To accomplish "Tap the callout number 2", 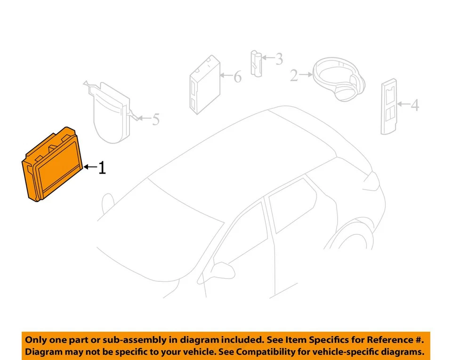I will tap(294, 75).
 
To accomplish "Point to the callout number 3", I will tap(279, 59).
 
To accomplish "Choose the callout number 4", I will tap(414, 105).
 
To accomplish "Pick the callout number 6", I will tap(237, 76).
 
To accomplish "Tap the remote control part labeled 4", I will tap(389, 107).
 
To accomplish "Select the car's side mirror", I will tap(221, 269).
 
